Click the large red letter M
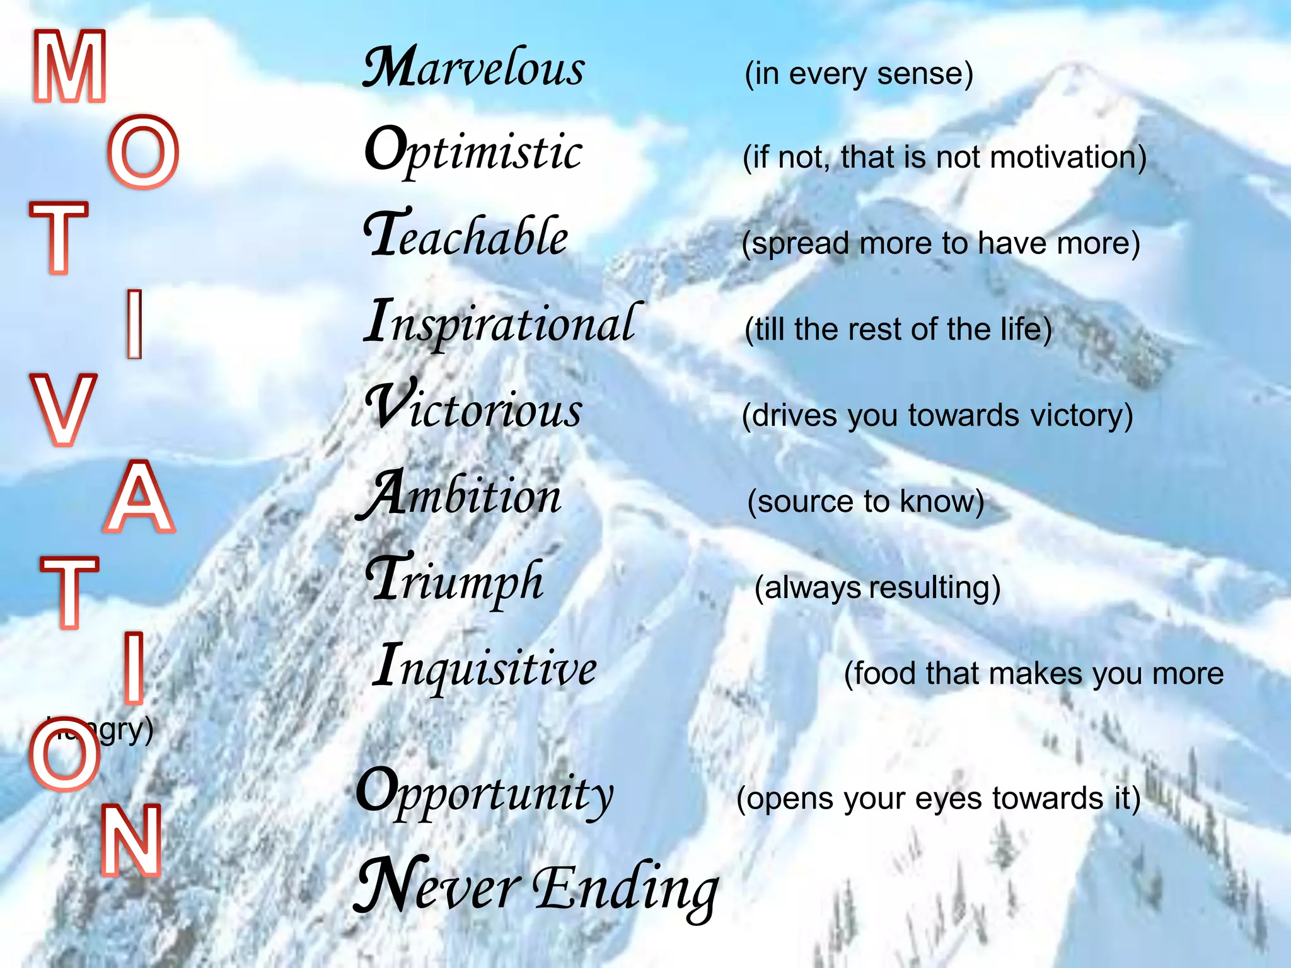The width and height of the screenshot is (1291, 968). [x=69, y=66]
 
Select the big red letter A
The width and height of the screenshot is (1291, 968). [x=139, y=497]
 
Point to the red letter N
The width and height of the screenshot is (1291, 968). [x=131, y=841]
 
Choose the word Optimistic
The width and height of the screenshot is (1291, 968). [x=474, y=151]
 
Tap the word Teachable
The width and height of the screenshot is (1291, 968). [x=466, y=236]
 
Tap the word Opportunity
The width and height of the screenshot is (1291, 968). [x=485, y=792]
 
